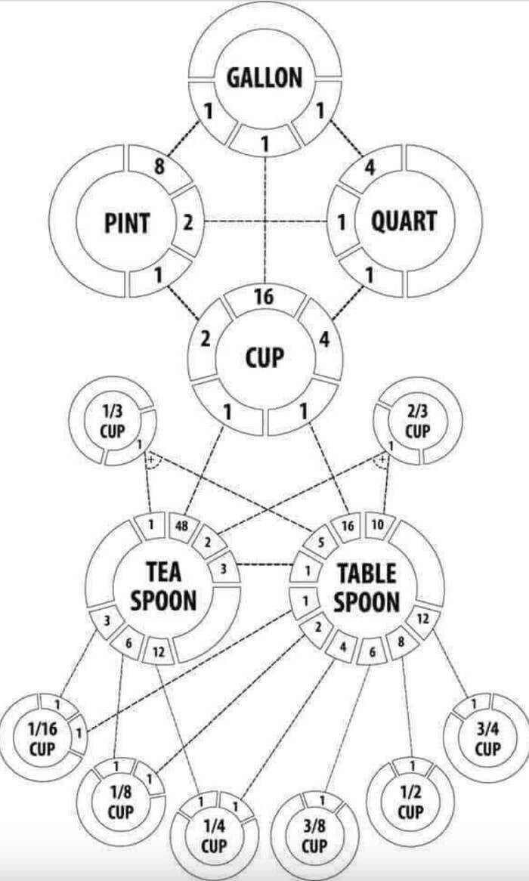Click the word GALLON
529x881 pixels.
pos(264,78)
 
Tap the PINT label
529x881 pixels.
pos(127,223)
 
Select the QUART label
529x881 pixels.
pos(404,221)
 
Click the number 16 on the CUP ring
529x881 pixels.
pos(264,297)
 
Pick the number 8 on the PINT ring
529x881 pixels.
pos(159,168)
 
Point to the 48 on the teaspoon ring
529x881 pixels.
pos(181,527)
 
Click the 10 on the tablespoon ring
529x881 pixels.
pos(378,525)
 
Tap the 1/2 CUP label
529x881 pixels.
pos(411,802)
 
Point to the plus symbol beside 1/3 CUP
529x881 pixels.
pos(150,459)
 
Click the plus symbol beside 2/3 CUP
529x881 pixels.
pos(382,459)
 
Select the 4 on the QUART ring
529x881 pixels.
pos(370,168)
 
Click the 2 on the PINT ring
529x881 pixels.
pos(188,222)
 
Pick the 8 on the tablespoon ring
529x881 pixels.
pos(401,640)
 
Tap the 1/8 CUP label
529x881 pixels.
pos(120,802)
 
